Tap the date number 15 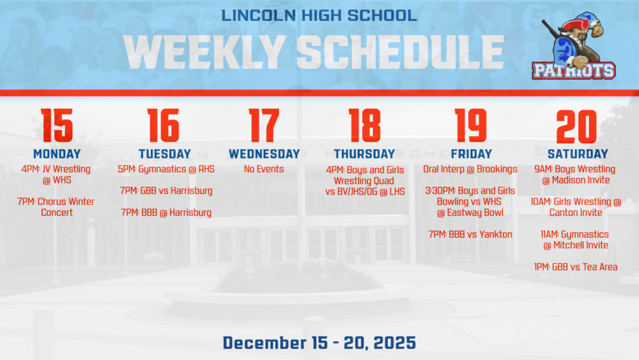click(57, 126)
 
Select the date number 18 click(364, 126)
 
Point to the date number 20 click(576, 126)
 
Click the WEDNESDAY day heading click(264, 154)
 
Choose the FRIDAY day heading click(471, 154)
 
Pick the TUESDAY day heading click(165, 154)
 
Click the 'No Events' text click(264, 169)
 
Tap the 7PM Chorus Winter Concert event click(57, 207)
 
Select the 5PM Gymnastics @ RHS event click(166, 169)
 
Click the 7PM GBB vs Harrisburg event click(166, 191)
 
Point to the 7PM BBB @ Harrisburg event click(166, 212)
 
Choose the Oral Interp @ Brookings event click(470, 169)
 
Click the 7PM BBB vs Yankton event click(470, 234)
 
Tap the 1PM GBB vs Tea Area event click(576, 267)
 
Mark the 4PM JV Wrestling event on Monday click(57, 175)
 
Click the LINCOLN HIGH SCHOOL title click(319, 15)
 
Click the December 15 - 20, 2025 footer click(319, 343)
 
